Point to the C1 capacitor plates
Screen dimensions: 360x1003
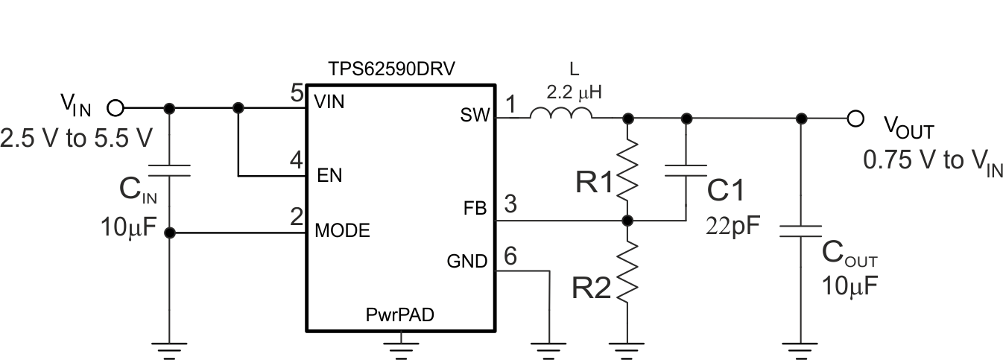coord(686,170)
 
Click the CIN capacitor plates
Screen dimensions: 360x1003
coord(170,170)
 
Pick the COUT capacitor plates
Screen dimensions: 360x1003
coord(801,230)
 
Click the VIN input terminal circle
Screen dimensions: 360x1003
coord(116,109)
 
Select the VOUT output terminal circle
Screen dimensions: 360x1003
coord(855,118)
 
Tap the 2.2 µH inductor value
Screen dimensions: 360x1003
coord(573,92)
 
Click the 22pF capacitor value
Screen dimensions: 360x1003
coord(733,226)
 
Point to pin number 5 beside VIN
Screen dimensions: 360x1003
coord(296,94)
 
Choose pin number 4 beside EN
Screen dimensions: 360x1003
coord(296,160)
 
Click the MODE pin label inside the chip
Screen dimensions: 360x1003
coord(342,231)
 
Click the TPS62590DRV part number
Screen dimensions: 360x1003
coord(392,69)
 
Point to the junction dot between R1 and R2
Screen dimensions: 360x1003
coord(628,221)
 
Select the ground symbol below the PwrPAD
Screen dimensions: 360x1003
coord(400,346)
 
